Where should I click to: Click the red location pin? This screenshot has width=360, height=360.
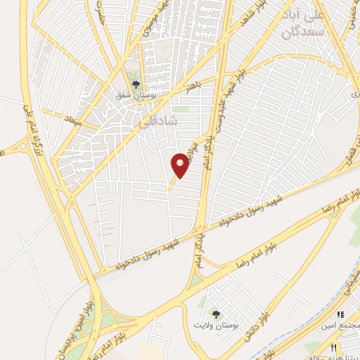point(181,166)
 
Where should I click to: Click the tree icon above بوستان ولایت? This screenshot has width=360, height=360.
point(216,314)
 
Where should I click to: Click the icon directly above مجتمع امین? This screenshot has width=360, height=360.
point(341,315)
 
